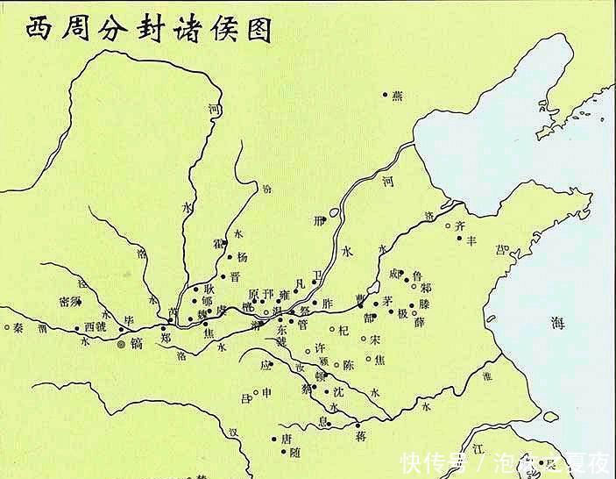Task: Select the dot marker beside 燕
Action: point(385,94)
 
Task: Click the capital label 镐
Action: point(136,343)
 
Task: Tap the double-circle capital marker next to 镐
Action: point(122,344)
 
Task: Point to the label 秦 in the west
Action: point(18,328)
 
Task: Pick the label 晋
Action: point(234,276)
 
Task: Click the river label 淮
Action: point(488,376)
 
